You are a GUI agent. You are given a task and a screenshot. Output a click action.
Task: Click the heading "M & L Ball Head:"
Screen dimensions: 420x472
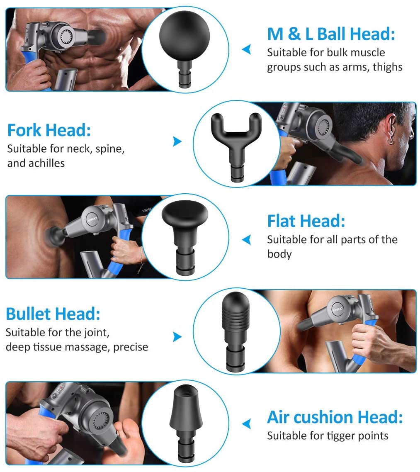[x=331, y=34]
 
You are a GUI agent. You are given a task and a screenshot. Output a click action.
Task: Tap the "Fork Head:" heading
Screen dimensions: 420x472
[x=49, y=130]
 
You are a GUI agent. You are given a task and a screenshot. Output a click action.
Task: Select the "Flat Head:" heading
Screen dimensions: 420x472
[x=306, y=221]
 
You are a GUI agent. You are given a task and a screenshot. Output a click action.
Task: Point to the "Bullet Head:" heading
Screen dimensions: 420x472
[x=53, y=314]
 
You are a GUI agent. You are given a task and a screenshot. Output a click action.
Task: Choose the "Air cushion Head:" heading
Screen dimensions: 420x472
[x=335, y=417]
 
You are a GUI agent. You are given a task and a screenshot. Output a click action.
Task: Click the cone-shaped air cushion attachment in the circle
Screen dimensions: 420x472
[x=184, y=423]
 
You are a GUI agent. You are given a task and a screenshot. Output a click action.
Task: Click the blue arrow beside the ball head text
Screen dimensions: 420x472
[x=247, y=49]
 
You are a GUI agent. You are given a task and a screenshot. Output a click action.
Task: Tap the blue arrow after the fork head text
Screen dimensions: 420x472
[x=177, y=141]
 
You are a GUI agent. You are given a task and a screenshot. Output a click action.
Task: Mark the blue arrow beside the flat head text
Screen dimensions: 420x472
[x=247, y=240]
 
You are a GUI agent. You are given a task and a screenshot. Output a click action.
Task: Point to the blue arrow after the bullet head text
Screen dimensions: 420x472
[x=177, y=337]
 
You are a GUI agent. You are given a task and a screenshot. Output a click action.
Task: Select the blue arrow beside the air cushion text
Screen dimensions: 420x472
[x=247, y=424]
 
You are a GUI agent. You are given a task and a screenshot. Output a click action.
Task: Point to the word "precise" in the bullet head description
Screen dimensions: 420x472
[x=131, y=348]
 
